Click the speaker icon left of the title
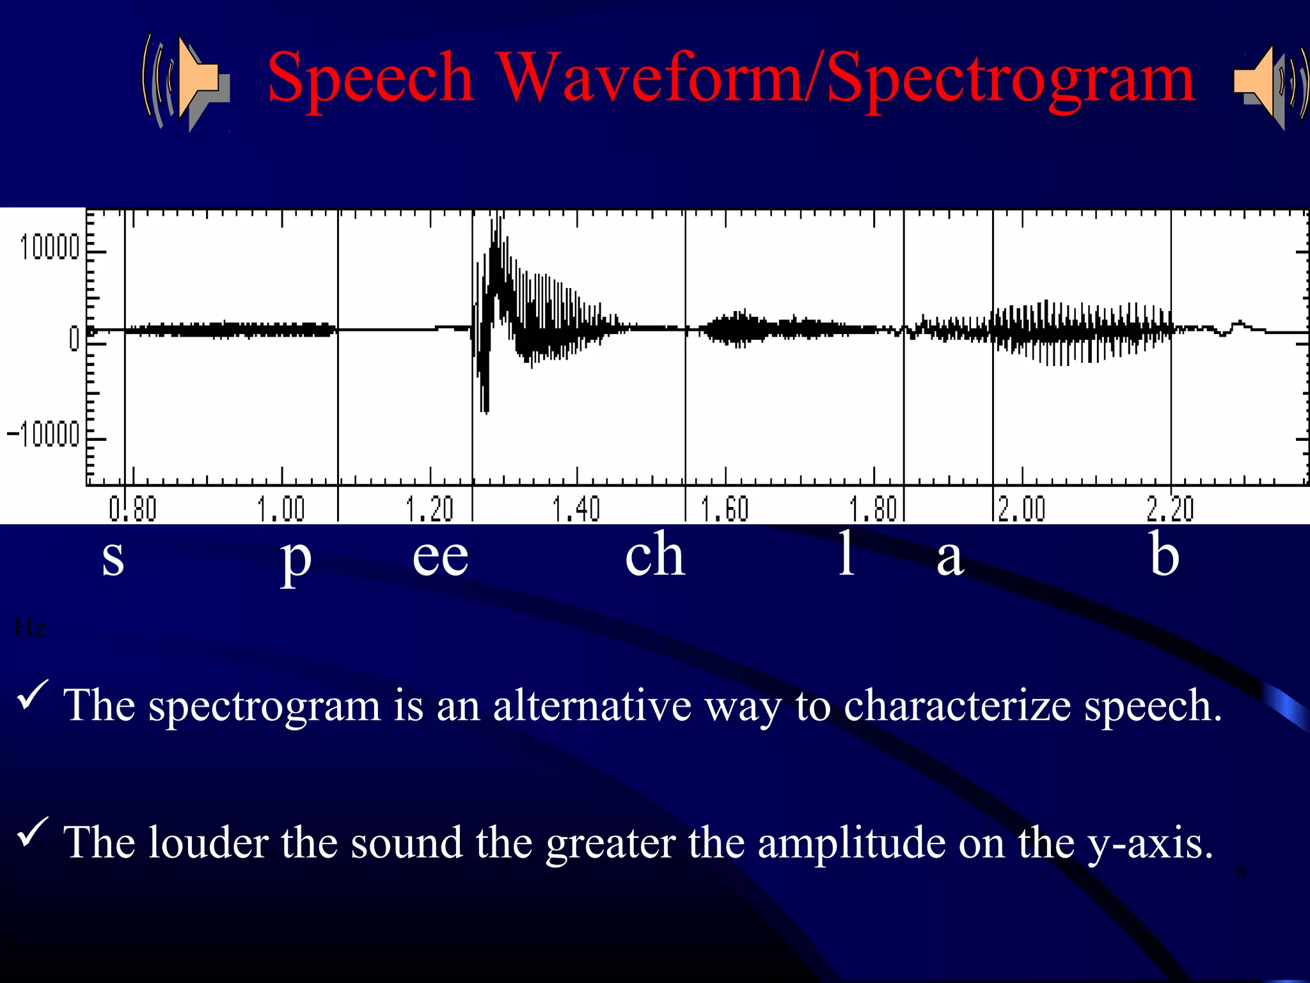185,82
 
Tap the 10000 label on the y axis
49,247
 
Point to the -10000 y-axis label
43,435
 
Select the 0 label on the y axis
75,338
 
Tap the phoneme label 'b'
1164,554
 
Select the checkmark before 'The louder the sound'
32,832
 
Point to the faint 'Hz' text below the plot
30,628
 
